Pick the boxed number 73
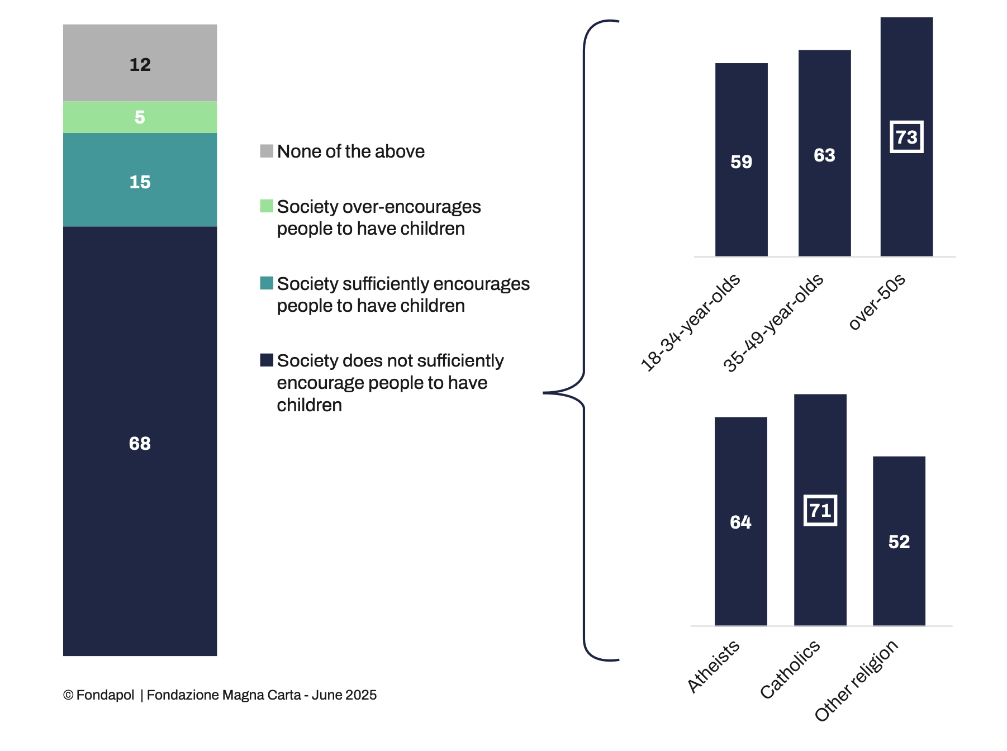pyautogui.click(x=906, y=137)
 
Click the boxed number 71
pyautogui.click(x=820, y=510)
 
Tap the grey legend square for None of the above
pyautogui.click(x=267, y=151)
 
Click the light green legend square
pyautogui.click(x=267, y=206)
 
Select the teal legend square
pyautogui.click(x=267, y=283)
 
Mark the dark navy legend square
pyautogui.click(x=267, y=360)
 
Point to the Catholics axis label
pyautogui.click(x=790, y=669)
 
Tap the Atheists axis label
pyautogui.click(x=713, y=666)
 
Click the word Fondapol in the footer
pyautogui.click(x=105, y=695)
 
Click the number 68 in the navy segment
pyautogui.click(x=140, y=443)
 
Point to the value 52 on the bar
pyautogui.click(x=899, y=541)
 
